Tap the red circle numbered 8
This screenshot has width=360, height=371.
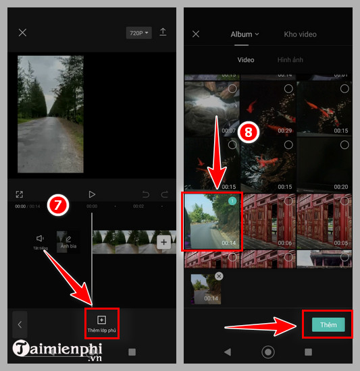[x=249, y=133]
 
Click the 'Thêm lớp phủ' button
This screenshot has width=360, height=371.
[x=101, y=323]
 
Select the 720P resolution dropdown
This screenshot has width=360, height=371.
[x=138, y=32]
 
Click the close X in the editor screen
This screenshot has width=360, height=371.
[x=22, y=32]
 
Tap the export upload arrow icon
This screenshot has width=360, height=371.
[x=163, y=32]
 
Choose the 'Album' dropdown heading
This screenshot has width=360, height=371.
[x=245, y=34]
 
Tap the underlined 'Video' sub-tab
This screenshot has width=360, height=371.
[x=246, y=60]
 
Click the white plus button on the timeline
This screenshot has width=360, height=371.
[x=163, y=242]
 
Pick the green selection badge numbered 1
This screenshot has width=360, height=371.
[x=232, y=201]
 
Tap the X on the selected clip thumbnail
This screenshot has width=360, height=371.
[x=219, y=277]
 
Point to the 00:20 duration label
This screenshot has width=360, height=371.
[x=340, y=187]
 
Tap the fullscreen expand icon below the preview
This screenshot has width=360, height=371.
[x=20, y=194]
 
